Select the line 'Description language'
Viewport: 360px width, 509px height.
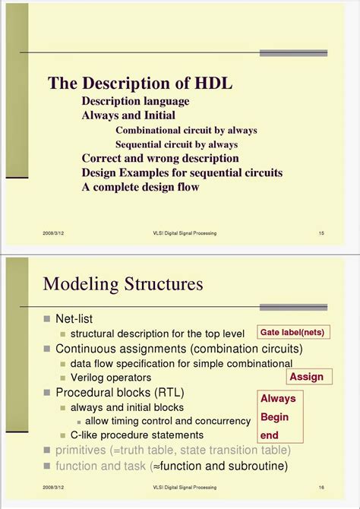[x=135, y=101]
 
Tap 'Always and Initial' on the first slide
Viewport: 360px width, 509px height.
[x=128, y=115]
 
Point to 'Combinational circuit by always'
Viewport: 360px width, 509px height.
[x=186, y=130]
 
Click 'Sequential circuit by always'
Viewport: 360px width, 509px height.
[x=176, y=144]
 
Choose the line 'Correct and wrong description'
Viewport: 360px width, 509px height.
[x=160, y=159]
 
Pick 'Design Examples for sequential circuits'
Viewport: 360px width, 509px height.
[x=182, y=172]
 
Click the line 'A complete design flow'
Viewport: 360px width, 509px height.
[x=141, y=187]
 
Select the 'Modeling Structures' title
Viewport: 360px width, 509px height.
[x=123, y=284]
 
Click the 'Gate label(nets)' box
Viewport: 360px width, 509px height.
[x=295, y=333]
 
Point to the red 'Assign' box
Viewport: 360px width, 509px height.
[x=307, y=377]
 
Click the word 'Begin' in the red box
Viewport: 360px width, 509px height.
[x=275, y=417]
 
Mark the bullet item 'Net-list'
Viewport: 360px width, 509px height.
[x=74, y=318]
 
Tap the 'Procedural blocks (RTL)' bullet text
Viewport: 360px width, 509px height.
[x=120, y=393]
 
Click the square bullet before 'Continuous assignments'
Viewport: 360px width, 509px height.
[x=47, y=349]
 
